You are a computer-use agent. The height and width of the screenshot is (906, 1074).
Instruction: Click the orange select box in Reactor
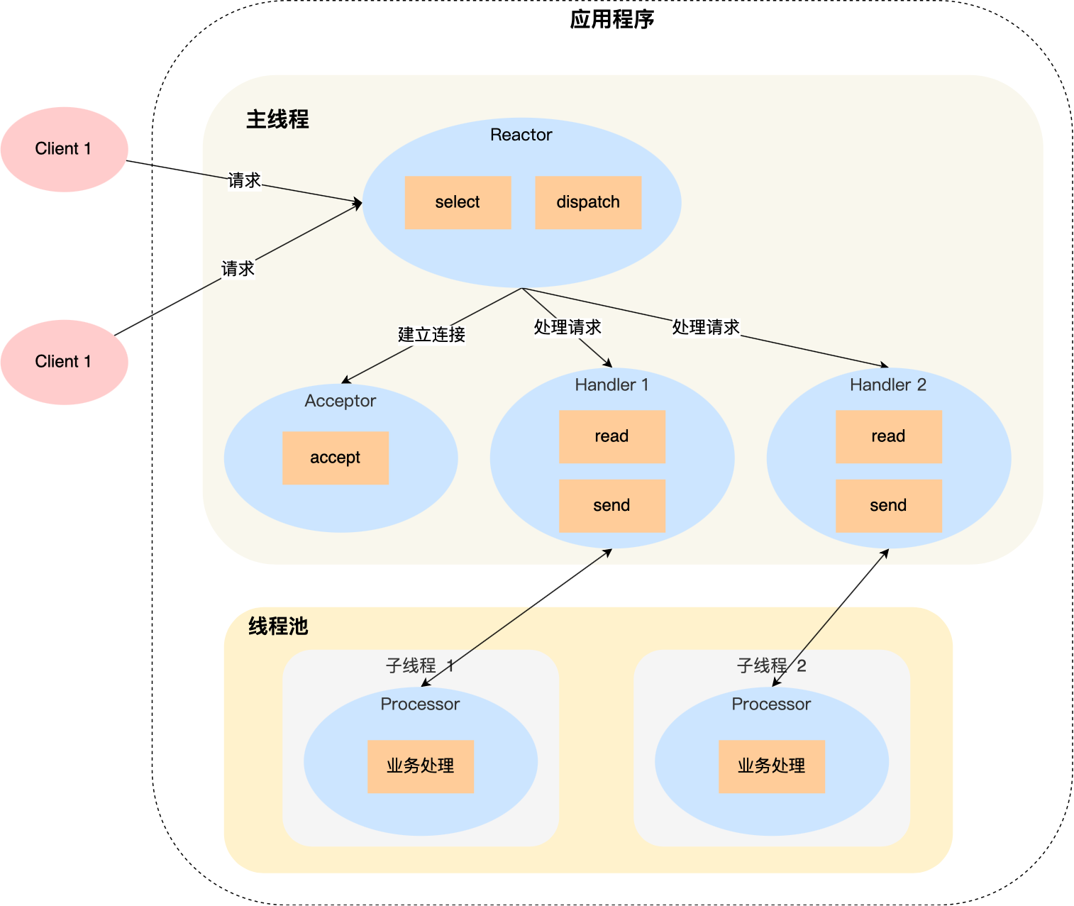pos(458,202)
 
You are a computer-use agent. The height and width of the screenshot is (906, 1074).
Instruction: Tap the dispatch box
pos(588,202)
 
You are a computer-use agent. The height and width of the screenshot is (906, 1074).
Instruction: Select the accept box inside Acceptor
pos(335,458)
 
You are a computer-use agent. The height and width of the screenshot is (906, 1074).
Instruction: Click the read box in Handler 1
pos(611,436)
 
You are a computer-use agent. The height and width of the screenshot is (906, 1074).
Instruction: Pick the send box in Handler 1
pos(611,506)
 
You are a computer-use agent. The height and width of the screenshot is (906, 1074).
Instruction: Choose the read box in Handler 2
pos(888,436)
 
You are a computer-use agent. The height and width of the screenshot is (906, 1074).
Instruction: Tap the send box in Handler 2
pos(888,506)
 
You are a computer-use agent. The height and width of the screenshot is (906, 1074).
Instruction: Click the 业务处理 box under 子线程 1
pos(420,766)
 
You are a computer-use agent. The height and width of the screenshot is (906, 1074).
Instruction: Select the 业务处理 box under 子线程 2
pos(771,766)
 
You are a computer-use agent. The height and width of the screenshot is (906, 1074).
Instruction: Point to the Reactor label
pos(521,135)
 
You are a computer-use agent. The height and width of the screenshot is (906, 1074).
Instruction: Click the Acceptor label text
pos(340,401)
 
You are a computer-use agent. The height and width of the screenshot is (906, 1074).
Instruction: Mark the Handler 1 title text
pos(611,385)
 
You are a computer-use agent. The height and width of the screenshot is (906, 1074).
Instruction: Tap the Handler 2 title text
pos(888,385)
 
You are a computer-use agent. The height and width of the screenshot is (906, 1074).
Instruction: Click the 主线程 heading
pos(277,119)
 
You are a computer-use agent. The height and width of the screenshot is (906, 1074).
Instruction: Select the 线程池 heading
pos(278,626)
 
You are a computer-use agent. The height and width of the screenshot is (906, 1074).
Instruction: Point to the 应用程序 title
pos(611,19)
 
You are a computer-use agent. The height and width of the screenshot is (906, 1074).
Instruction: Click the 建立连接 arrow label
pos(431,334)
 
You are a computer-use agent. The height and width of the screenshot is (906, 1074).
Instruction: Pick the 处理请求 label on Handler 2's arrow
pos(705,327)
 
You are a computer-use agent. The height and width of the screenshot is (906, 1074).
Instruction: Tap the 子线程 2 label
pos(771,665)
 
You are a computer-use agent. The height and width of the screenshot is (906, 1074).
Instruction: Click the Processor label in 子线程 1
pos(420,704)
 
